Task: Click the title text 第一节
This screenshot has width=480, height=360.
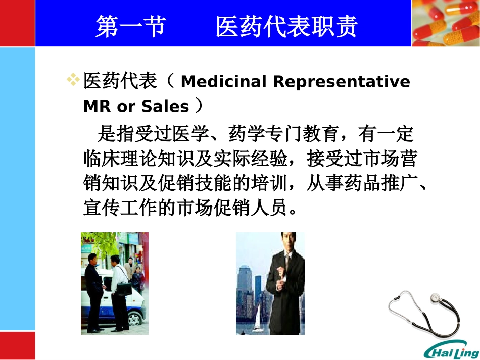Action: [130, 27]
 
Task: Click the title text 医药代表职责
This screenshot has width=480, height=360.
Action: [286, 27]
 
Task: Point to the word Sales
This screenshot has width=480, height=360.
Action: [165, 107]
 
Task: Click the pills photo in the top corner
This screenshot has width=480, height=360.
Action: [445, 23]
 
